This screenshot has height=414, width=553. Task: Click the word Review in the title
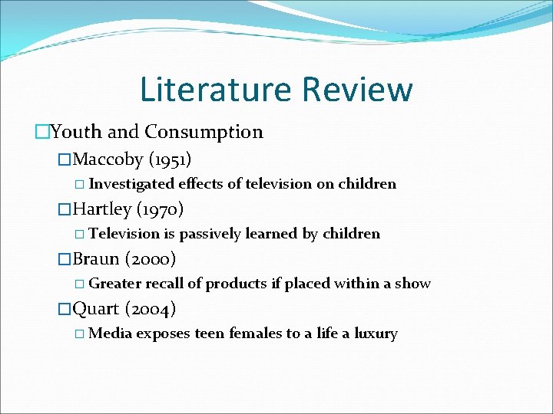pos(357,89)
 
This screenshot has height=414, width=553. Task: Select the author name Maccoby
pos(108,159)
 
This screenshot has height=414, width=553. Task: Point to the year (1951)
pos(170,159)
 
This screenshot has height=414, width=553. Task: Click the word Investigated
pos(131,184)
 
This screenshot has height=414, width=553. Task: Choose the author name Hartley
pos(102,209)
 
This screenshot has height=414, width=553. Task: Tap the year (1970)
pos(159,209)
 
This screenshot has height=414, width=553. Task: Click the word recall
pos(162,284)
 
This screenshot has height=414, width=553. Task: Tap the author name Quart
pos(96,309)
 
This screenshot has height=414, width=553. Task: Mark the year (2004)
pos(151,309)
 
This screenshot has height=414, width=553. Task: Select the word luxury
pos(374,334)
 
